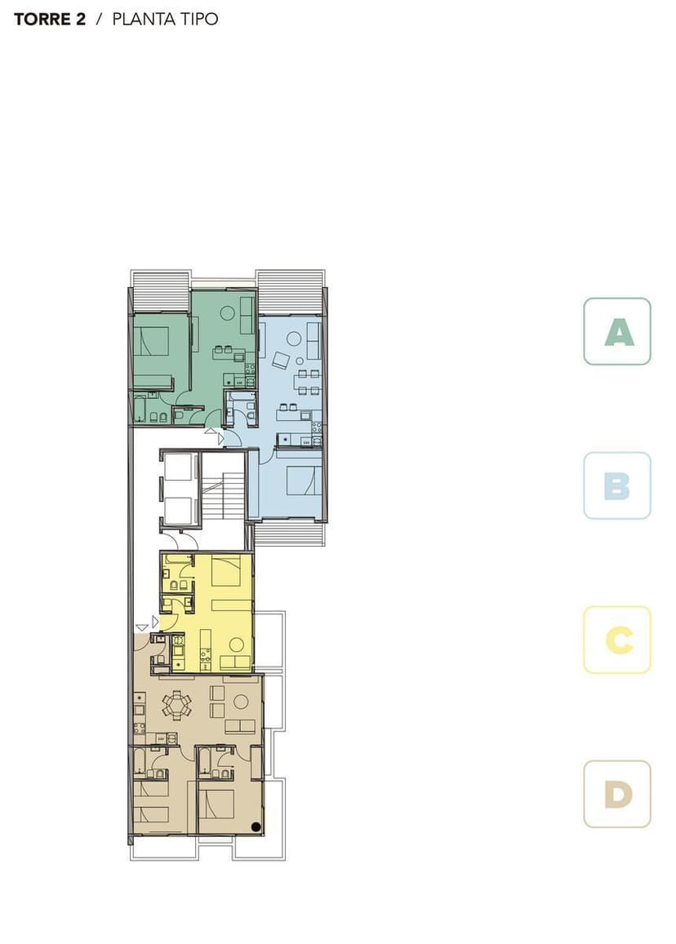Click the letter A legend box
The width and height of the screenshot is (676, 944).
(x=616, y=331)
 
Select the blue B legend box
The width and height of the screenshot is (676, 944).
(x=616, y=485)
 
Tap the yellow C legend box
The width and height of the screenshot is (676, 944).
(x=616, y=640)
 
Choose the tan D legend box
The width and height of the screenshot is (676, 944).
(x=616, y=794)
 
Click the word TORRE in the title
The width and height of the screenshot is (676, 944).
(x=42, y=20)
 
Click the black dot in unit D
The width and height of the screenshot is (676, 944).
(x=256, y=827)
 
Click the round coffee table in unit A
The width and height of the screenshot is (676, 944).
(x=227, y=313)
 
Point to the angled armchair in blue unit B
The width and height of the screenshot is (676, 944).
(x=281, y=360)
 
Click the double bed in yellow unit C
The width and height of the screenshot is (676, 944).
(x=226, y=571)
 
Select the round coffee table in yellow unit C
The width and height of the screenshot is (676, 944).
(x=237, y=645)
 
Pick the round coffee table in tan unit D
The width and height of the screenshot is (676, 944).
(x=241, y=702)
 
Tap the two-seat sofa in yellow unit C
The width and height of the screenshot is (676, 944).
(x=235, y=663)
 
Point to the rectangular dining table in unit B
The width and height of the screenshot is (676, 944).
(x=308, y=383)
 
